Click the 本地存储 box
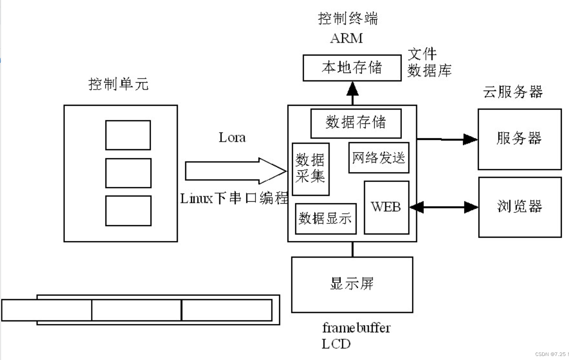(x=352, y=68)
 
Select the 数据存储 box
(x=356, y=123)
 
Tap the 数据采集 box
(x=311, y=169)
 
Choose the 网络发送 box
(x=379, y=158)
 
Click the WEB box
(x=386, y=207)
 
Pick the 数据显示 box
(x=325, y=218)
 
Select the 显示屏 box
(x=352, y=284)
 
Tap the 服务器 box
(x=519, y=139)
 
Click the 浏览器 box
(x=520, y=207)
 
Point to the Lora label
(x=232, y=138)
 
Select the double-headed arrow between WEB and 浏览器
(x=444, y=207)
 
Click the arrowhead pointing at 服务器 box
(x=470, y=140)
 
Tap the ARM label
(x=347, y=38)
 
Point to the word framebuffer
(x=356, y=328)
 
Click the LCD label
(x=336, y=344)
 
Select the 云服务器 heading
(x=512, y=92)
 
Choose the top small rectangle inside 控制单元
(x=128, y=135)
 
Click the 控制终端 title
(x=348, y=18)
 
